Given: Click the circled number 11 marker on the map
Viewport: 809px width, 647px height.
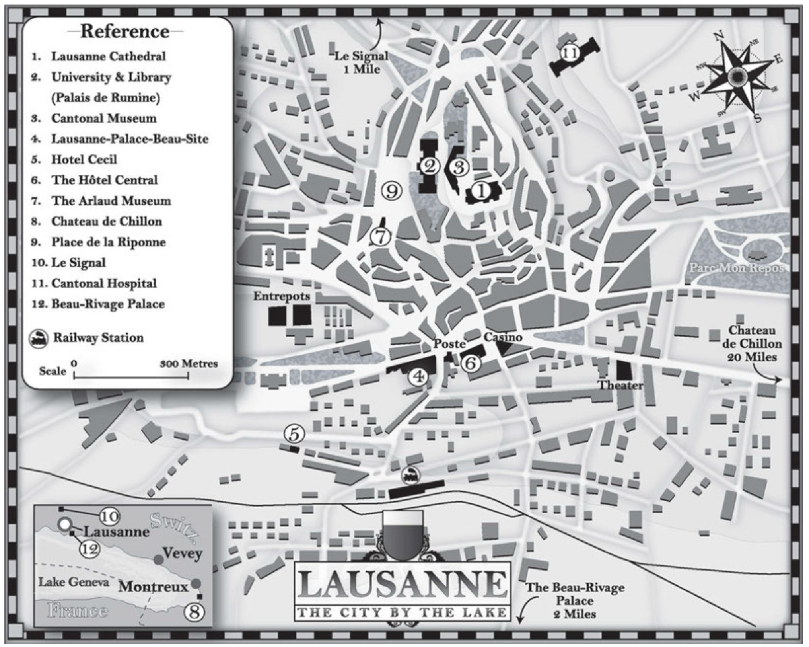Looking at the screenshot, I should click(x=569, y=53).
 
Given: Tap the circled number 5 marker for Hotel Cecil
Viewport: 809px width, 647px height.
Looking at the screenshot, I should click(x=294, y=434).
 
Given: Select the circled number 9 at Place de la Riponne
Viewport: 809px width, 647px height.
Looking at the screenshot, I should click(x=392, y=191).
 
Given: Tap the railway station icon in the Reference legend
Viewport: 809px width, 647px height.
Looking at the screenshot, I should click(x=39, y=339).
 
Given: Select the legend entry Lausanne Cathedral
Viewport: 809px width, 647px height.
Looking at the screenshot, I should click(x=108, y=56).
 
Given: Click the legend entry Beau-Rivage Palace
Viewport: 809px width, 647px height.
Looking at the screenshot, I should click(x=108, y=304).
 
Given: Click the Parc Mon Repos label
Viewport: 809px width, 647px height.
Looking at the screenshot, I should click(x=736, y=268).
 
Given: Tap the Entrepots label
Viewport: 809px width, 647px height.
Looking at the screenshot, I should click(x=282, y=296).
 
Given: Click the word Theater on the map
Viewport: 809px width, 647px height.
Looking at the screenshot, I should click(x=620, y=385).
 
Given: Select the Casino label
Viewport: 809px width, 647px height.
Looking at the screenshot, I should click(x=503, y=337).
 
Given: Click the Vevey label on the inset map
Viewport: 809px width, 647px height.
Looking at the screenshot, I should click(x=183, y=553).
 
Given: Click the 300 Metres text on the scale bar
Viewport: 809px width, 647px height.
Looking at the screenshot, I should click(x=189, y=363).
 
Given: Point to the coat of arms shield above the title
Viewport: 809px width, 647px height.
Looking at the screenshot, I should click(x=403, y=535).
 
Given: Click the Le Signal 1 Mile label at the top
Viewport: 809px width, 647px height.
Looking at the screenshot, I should click(x=361, y=62).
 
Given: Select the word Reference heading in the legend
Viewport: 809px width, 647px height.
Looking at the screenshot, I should click(x=125, y=31).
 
